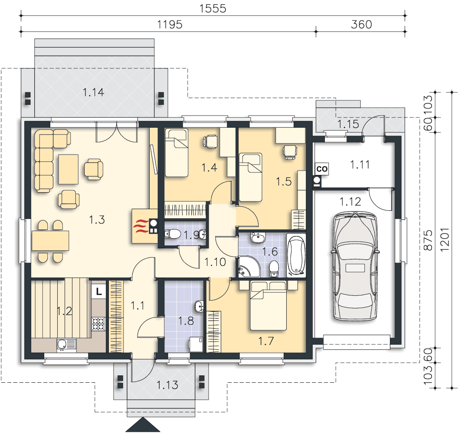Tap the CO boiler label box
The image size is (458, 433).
[322, 169]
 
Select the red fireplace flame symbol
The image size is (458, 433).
[141, 226]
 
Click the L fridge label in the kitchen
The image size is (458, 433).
[99, 291]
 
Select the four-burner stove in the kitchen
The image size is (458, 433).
[98, 324]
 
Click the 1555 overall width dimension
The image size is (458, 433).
[213, 9]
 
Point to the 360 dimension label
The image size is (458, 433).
[361, 25]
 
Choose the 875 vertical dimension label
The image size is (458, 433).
[428, 240]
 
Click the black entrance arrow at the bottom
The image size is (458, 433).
[143, 424]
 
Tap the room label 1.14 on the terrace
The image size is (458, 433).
[94, 92]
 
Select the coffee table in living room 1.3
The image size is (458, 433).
[69, 169]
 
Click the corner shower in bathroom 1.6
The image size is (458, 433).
[249, 267]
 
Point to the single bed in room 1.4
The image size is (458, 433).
[177, 153]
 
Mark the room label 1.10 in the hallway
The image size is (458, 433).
[215, 262]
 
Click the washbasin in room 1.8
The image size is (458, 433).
[199, 307]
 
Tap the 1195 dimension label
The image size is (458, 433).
[170, 25]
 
